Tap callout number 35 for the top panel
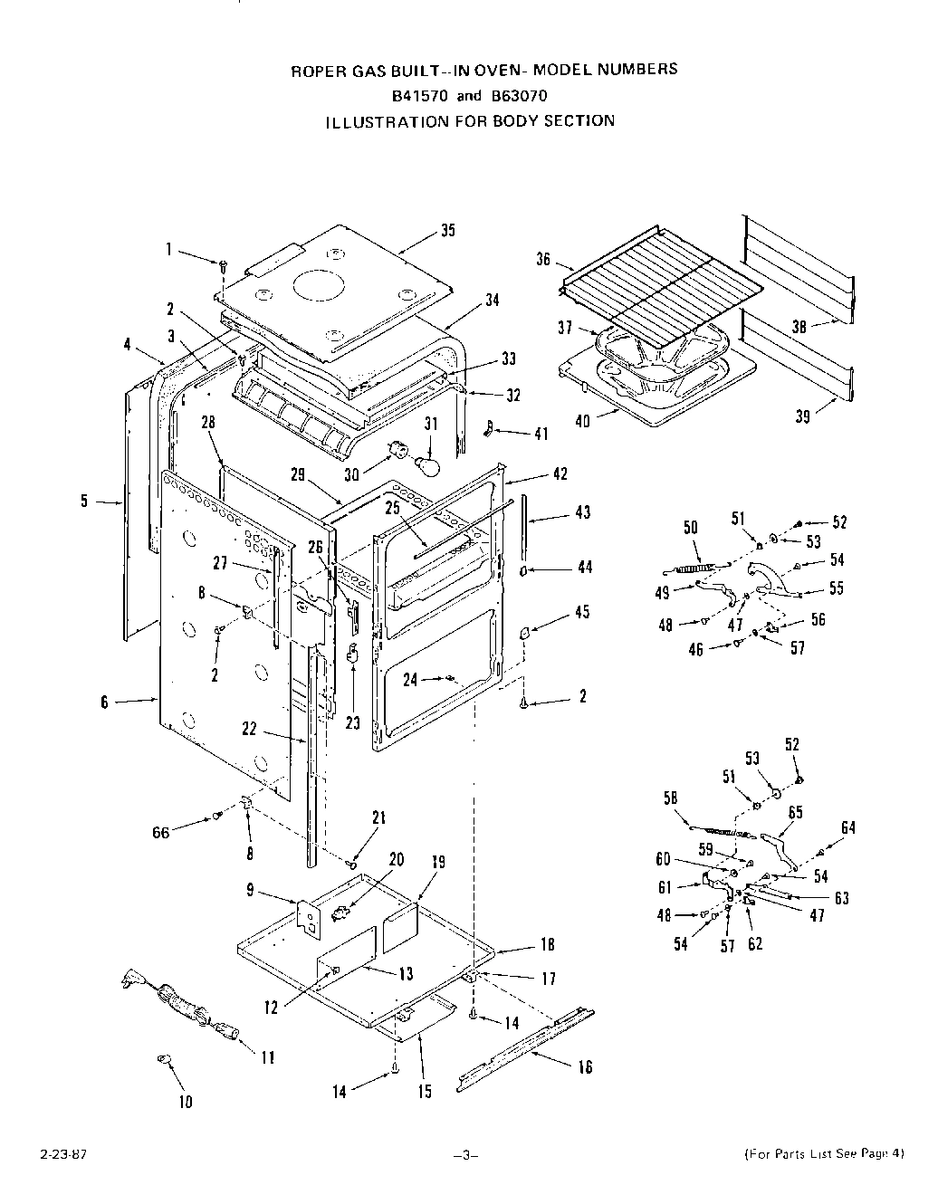point(447,230)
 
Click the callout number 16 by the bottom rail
point(585,1066)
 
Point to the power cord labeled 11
point(181,1005)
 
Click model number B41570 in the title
point(422,95)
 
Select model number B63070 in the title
point(520,95)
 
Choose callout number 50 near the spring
point(691,527)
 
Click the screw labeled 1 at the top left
point(224,263)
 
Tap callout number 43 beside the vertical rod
point(583,512)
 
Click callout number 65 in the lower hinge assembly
point(795,812)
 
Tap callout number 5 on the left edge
point(84,500)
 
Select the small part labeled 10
point(166,1058)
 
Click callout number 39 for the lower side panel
point(802,416)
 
